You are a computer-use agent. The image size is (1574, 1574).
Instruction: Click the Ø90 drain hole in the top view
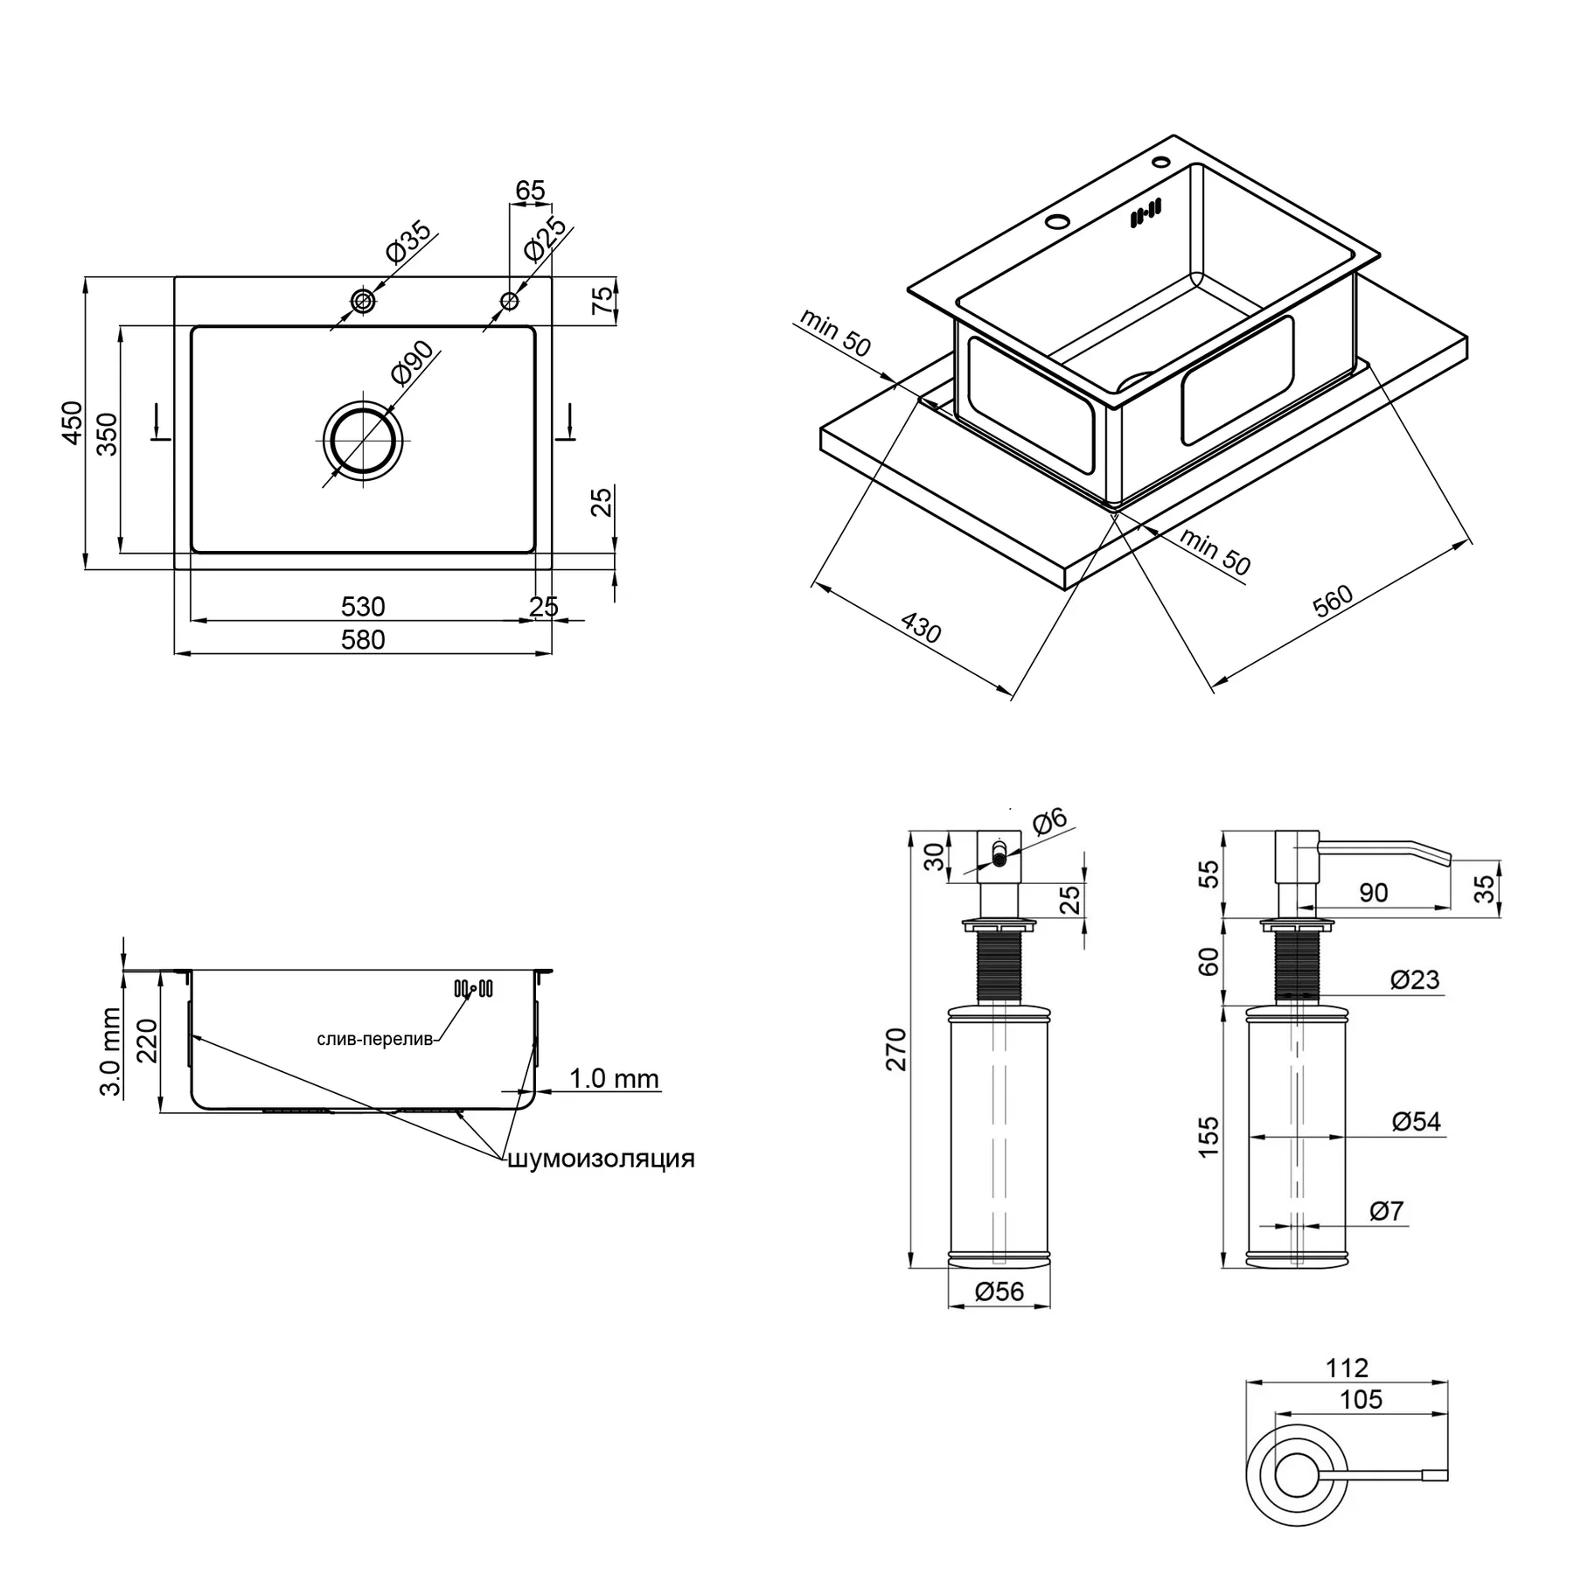coord(363,440)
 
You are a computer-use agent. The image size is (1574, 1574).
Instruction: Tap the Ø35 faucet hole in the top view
coord(363,302)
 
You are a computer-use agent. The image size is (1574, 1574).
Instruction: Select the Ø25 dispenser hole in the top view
coord(509,302)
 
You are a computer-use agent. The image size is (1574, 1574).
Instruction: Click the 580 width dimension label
coord(363,640)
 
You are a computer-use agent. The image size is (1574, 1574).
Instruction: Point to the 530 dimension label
coord(363,606)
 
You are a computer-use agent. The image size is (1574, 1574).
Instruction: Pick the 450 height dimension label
coord(72,423)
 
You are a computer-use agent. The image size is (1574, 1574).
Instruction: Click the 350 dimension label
coord(107,435)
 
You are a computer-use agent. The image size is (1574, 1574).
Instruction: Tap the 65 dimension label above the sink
coord(530,190)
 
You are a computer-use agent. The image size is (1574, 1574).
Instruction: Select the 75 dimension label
coord(603,301)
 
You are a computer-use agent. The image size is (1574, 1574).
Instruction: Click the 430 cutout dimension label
coord(921,628)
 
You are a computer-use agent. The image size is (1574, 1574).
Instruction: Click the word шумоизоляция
coord(602,1159)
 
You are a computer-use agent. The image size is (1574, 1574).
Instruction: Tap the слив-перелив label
coord(374,1040)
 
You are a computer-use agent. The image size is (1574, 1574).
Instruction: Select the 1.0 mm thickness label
coord(614,1078)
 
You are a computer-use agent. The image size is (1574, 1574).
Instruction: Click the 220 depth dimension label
coord(147,1041)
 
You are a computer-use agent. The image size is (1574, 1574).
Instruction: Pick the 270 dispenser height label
coord(897,1049)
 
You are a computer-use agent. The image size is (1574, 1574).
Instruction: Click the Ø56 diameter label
coord(999,1292)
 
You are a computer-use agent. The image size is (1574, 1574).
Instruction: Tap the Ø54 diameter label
coord(1416,1121)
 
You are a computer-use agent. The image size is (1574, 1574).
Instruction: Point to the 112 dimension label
coord(1347,1367)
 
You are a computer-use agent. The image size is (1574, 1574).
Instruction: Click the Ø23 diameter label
coord(1415,979)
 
